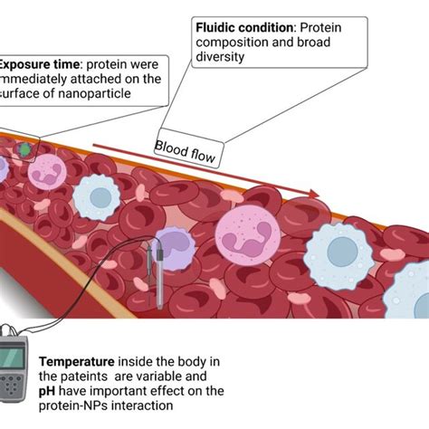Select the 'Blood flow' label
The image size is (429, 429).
186,151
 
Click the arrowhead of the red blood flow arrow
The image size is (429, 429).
312,193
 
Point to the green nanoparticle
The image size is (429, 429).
25,147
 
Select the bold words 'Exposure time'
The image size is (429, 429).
36,64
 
